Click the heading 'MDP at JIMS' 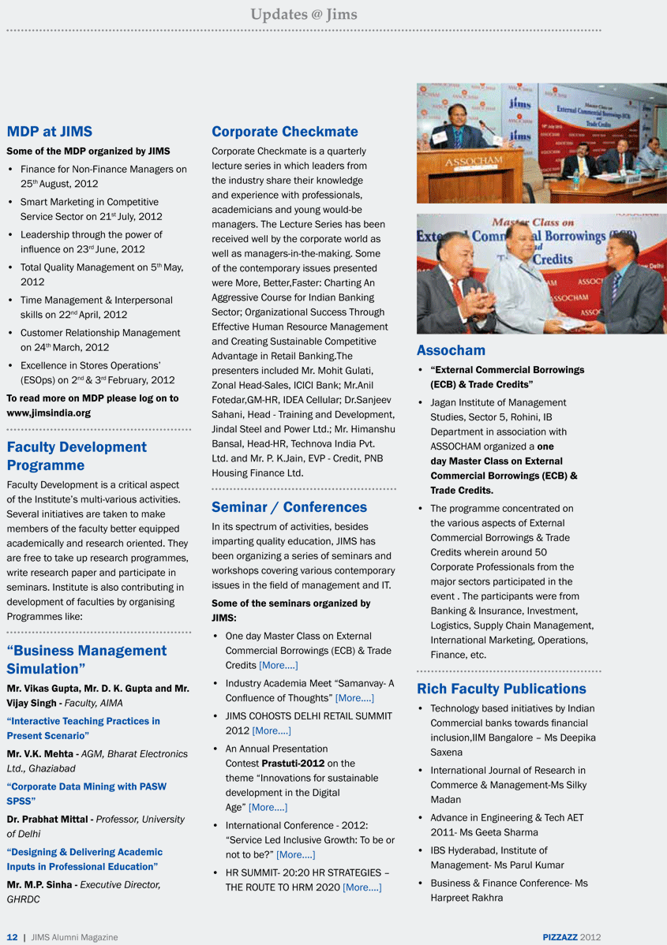point(49,132)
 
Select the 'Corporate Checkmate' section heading point(284,132)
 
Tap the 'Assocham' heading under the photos point(451,350)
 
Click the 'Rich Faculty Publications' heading point(501,689)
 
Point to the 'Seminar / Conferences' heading point(289,507)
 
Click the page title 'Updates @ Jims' point(304,14)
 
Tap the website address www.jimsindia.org point(48,413)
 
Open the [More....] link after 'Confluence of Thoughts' point(354,698)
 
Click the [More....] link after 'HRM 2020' point(362,887)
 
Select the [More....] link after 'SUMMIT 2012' point(272,730)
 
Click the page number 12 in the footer point(12,937)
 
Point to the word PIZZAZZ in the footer point(560,937)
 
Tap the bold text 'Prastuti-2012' point(293,764)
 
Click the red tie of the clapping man point(458,292)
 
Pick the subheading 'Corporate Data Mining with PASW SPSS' point(86,794)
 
